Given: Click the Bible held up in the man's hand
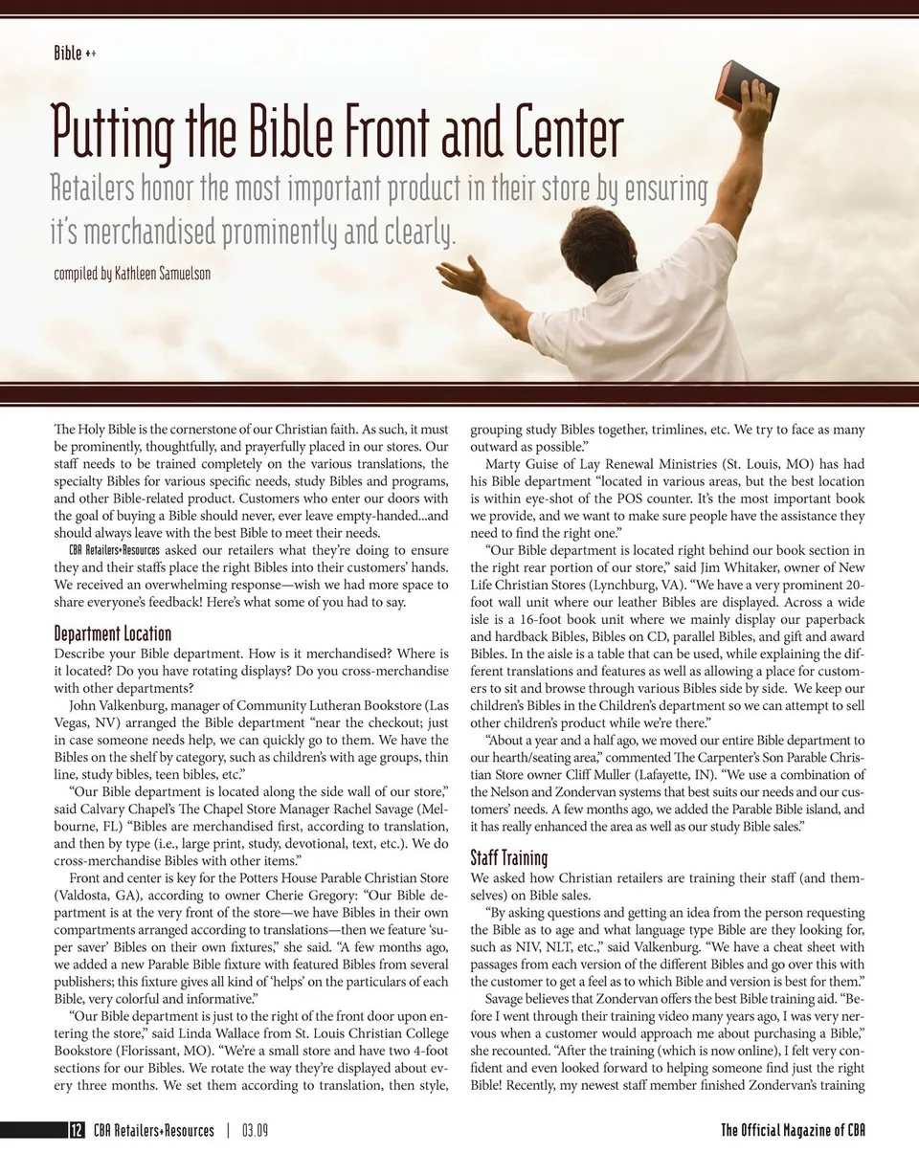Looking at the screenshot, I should [x=747, y=86].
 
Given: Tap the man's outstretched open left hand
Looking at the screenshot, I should [x=462, y=276].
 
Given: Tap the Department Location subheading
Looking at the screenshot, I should [x=113, y=633].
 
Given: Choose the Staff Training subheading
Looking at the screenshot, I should [x=509, y=857].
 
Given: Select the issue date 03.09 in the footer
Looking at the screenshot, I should [x=255, y=1130].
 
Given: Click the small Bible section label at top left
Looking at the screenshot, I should [x=68, y=54].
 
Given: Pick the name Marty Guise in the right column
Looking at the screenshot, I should [x=525, y=465].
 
